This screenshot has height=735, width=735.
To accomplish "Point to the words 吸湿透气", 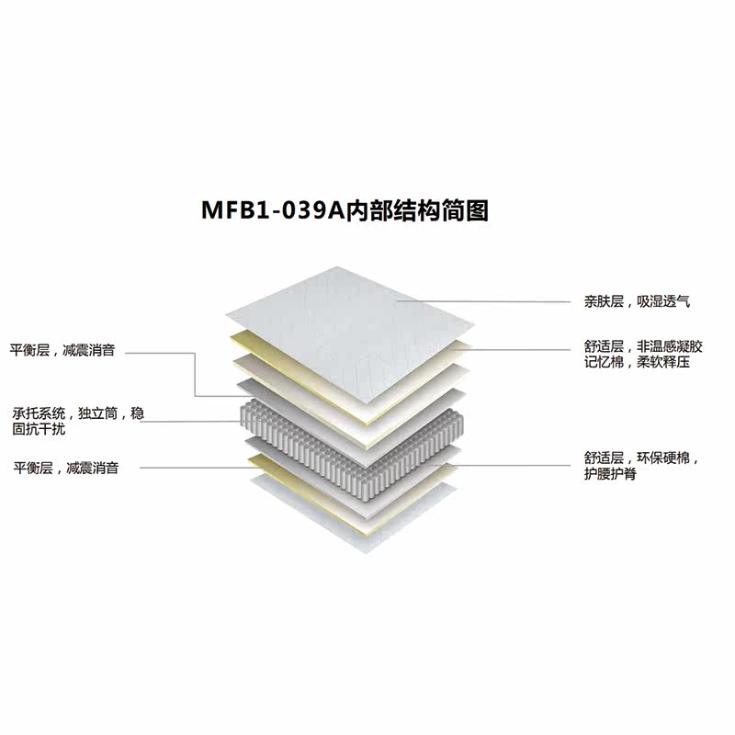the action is click(667, 300).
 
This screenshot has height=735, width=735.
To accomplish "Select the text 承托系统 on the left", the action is click(36, 413).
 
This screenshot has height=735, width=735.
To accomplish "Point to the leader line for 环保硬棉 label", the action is click(514, 465).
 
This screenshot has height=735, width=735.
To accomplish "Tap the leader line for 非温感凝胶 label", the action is click(524, 349).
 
